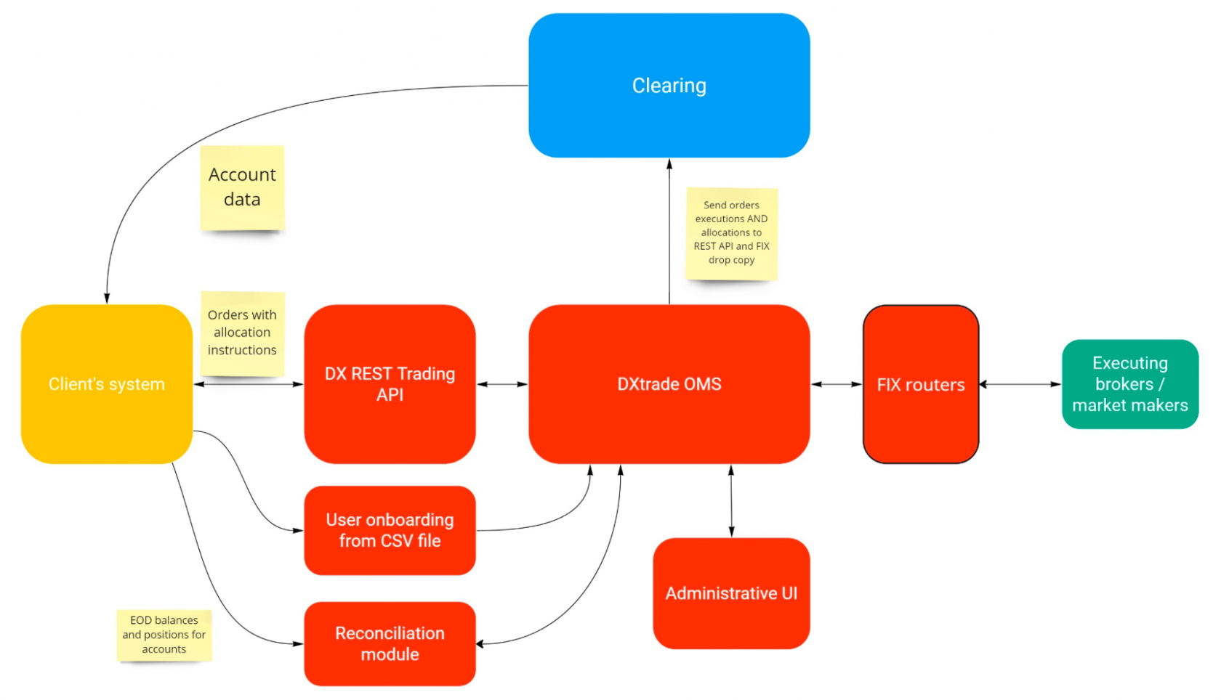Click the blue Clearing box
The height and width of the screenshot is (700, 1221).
coord(669,86)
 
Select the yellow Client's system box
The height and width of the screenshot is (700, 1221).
coord(106,384)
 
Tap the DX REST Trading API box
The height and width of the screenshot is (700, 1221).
coord(390,384)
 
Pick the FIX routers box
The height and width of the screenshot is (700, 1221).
coord(920,384)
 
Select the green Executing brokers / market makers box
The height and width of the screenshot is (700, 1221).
coord(1129,384)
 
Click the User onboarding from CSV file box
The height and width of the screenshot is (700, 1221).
coord(390,530)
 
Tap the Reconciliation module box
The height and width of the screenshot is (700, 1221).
coord(390,643)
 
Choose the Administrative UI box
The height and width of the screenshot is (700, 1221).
coord(731,593)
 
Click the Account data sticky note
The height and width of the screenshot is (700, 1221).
coord(242,187)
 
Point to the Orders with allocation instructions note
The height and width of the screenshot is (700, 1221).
coord(242,333)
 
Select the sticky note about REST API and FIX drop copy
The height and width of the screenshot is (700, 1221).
coord(731,233)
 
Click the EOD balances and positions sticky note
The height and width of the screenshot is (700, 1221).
coord(164,635)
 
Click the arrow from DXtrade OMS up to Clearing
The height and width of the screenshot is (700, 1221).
coord(669,232)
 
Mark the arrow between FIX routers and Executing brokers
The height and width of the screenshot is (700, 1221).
coord(1020,384)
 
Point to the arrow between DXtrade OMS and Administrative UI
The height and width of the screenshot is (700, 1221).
coord(731,501)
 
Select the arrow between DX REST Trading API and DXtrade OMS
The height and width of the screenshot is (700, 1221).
coord(501,384)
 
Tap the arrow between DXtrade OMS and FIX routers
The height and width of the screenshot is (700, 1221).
coord(836,384)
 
